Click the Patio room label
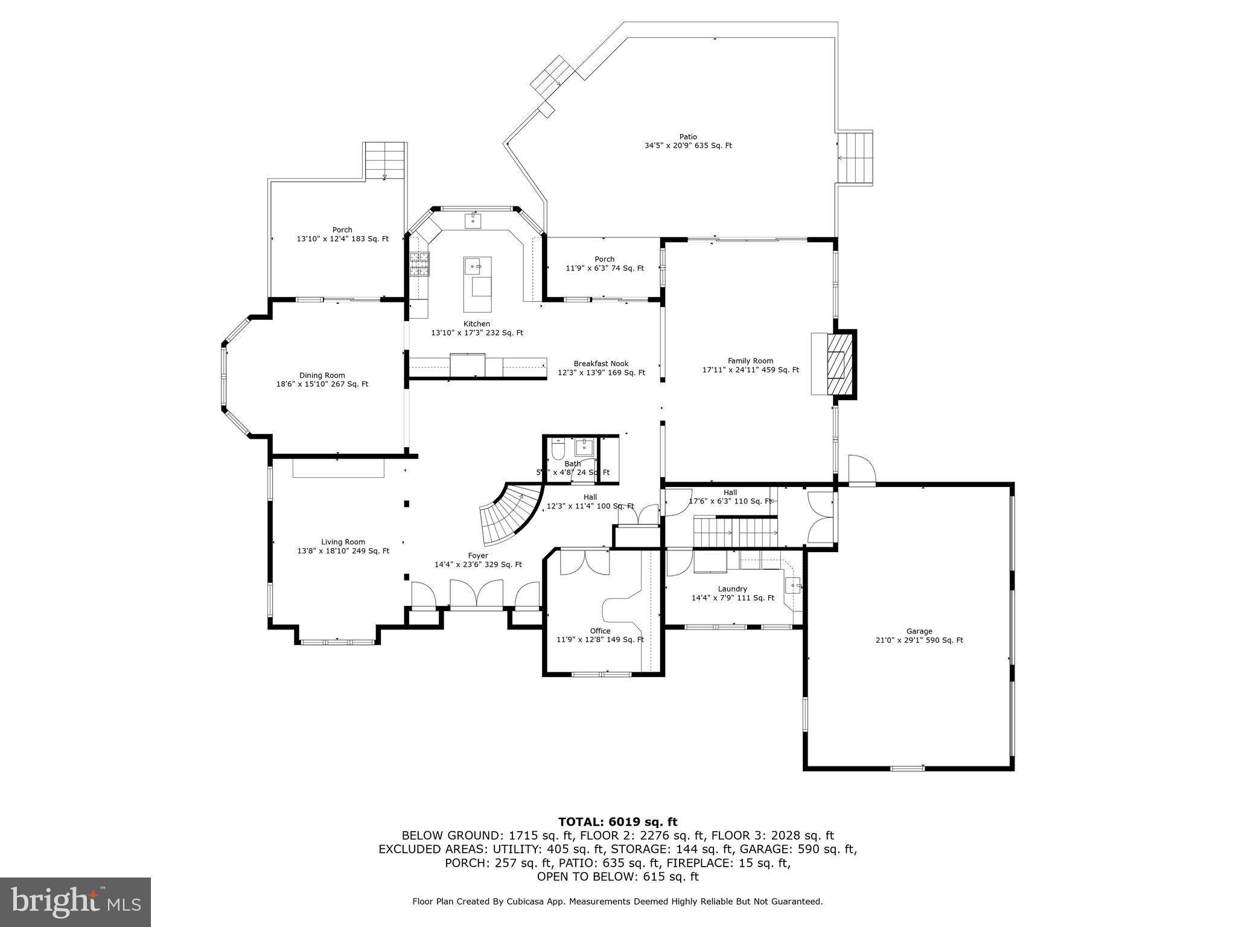[688, 141]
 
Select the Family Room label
[750, 361]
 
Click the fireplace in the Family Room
[837, 364]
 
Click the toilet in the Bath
[557, 450]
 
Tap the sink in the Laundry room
[793, 585]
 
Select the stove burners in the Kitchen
[420, 264]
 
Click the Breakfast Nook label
[600, 364]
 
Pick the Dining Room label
[322, 375]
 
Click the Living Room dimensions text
[343, 551]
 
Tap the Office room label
[600, 631]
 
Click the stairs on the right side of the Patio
[856, 158]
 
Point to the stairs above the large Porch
[384, 161]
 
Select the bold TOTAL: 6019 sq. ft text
[617, 822]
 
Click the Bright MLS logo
[75, 902]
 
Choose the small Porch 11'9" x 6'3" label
[604, 264]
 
